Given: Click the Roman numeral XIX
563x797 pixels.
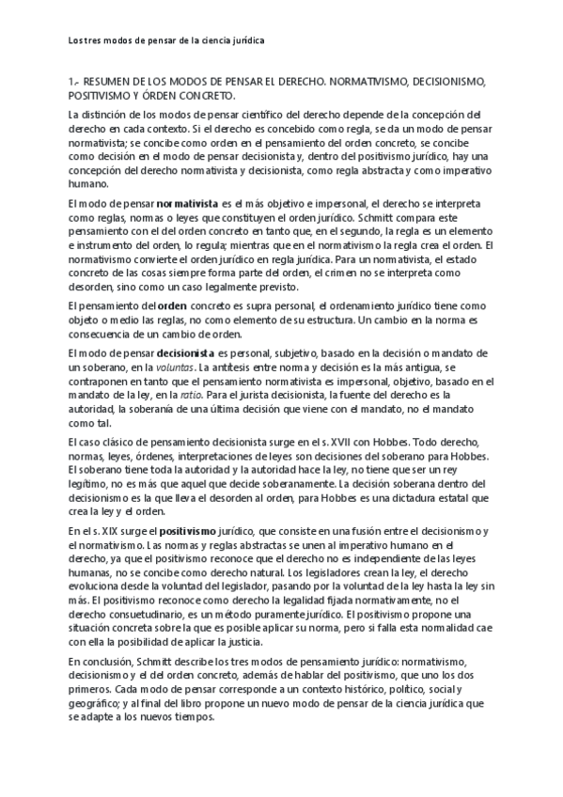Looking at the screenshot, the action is (104, 531).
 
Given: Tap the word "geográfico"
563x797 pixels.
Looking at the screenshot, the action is (102, 700).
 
